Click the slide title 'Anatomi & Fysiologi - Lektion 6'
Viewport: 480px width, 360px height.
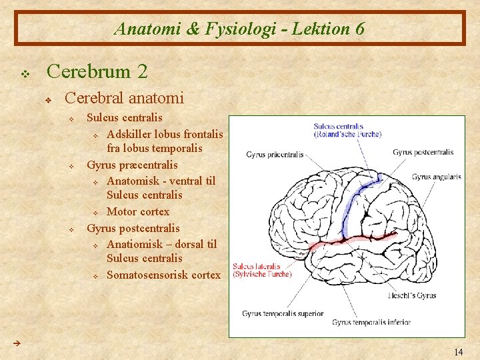click(x=239, y=29)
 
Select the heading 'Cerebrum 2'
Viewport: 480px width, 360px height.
click(x=97, y=70)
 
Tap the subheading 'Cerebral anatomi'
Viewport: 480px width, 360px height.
click(x=124, y=98)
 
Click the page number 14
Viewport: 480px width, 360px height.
click(x=458, y=351)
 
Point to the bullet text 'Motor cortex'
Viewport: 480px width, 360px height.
click(x=138, y=212)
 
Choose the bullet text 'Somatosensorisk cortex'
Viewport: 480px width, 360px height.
click(x=163, y=275)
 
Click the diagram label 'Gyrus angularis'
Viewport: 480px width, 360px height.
click(x=436, y=177)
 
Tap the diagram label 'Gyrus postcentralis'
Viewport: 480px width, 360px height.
click(x=423, y=152)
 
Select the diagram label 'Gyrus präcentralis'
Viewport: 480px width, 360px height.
click(x=275, y=155)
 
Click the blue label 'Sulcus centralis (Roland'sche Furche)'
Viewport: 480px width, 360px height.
click(x=347, y=129)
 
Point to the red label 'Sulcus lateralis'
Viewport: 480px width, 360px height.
click(x=257, y=267)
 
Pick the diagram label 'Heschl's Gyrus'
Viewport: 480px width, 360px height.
click(x=412, y=295)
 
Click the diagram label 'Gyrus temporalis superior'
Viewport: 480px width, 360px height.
click(x=283, y=313)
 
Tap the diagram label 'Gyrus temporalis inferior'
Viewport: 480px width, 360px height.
click(x=372, y=323)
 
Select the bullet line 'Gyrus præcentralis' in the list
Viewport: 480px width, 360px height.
click(x=132, y=165)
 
